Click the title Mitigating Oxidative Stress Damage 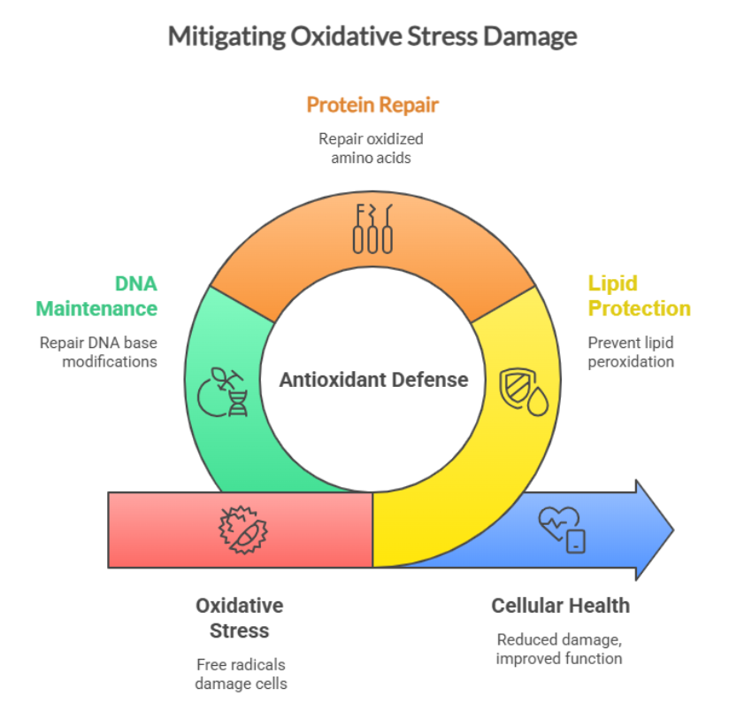[372, 36]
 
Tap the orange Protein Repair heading [372, 105]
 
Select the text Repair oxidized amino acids [372, 148]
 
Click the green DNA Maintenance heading [97, 296]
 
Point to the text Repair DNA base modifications [98, 352]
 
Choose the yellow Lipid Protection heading [639, 296]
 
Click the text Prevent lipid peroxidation [631, 352]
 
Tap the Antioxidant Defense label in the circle [373, 380]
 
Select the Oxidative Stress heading [240, 618]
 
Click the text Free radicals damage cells [240, 674]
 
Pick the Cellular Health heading [560, 606]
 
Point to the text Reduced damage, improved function [559, 649]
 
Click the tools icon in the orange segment [372, 228]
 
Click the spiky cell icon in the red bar [241, 529]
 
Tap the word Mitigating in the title [226, 36]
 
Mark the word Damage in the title [537, 36]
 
